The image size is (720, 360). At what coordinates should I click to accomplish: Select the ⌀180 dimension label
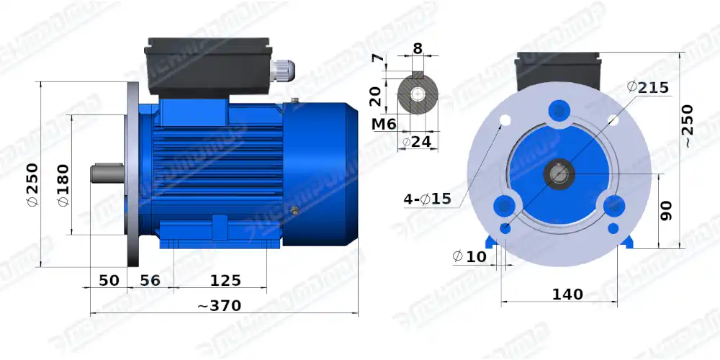tap(63, 189)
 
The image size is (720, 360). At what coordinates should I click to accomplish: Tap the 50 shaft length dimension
tap(108, 280)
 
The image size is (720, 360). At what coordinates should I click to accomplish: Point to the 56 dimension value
tap(149, 280)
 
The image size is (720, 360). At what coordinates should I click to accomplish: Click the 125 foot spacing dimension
tap(225, 280)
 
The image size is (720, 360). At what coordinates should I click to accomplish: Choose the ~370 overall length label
tap(220, 305)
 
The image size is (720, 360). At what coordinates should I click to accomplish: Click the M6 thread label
tap(384, 124)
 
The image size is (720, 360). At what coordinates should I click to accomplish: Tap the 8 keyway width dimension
tap(417, 50)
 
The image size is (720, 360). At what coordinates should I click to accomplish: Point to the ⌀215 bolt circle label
tap(648, 87)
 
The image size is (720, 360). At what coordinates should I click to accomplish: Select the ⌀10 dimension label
tap(469, 256)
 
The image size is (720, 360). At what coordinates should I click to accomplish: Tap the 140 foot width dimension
tap(567, 294)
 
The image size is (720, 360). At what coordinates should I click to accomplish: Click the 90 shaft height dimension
tap(666, 210)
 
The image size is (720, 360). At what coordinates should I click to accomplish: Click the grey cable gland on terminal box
tap(282, 71)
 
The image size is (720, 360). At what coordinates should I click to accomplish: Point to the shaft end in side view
tap(105, 174)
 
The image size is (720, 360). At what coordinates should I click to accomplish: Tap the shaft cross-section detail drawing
tap(417, 94)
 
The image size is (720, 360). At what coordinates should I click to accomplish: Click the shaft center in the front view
tap(559, 174)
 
